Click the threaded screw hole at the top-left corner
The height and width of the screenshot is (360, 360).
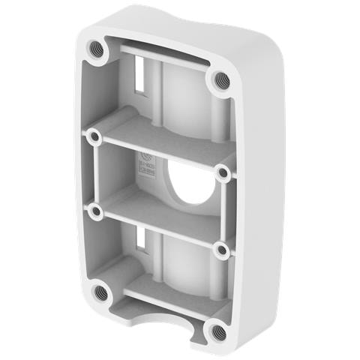click(95, 49)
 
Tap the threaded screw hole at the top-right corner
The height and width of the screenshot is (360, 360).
click(220, 79)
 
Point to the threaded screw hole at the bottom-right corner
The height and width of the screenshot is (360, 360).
click(217, 330)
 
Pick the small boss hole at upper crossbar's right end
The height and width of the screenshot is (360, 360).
click(223, 173)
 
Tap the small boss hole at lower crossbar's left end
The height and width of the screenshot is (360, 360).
click(94, 212)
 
